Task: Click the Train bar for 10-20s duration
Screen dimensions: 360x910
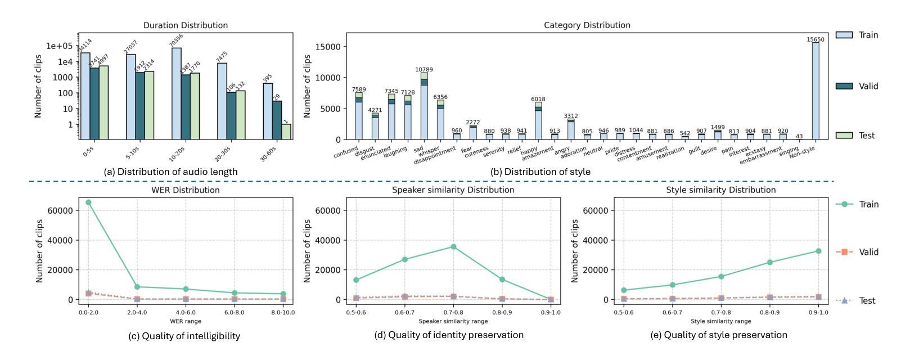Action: [177, 93]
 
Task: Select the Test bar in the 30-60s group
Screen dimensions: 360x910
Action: [286, 132]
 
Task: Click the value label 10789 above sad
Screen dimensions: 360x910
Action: [424, 70]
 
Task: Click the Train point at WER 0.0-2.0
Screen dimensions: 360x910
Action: [88, 202]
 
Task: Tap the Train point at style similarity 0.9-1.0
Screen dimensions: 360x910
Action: [818, 251]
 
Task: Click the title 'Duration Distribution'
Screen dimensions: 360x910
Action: [186, 25]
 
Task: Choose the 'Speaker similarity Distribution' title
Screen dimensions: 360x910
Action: [453, 190]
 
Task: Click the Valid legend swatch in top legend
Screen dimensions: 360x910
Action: [845, 86]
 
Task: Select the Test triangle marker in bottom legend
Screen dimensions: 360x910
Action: [845, 300]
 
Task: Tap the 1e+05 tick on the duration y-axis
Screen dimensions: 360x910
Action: [61, 46]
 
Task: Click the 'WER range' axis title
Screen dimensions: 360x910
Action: [186, 321]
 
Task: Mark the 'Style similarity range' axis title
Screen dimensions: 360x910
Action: [720, 321]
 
